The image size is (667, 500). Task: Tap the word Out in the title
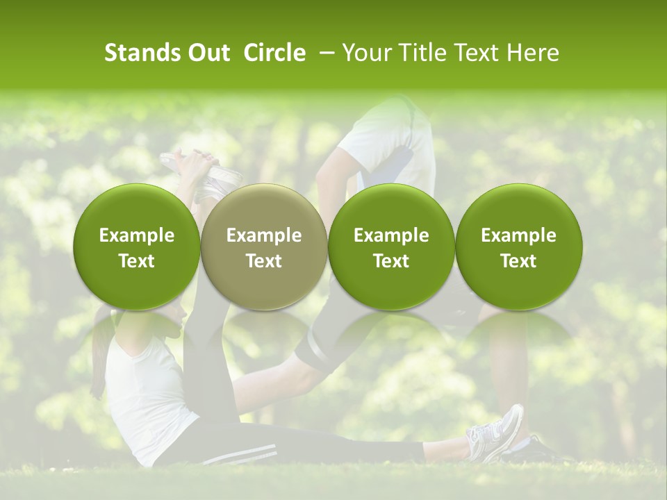tap(208, 53)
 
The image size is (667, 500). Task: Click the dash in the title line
tap(324, 53)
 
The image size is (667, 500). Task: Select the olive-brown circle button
tap(264, 247)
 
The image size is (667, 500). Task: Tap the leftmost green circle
tap(137, 247)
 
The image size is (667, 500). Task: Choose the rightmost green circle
tap(519, 247)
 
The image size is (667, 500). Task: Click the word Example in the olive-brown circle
tap(264, 235)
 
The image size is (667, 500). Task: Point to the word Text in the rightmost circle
tap(519, 261)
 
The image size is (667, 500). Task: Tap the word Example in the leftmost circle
tap(137, 235)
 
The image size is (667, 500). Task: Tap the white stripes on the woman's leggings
tap(236, 456)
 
